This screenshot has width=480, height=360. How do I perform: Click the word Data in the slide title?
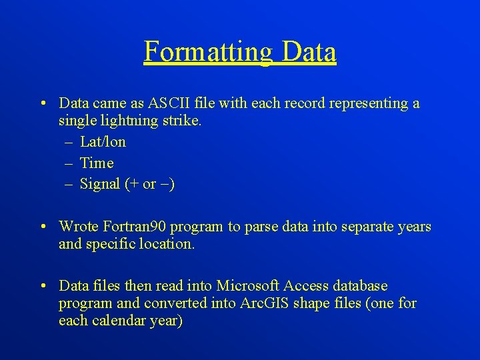click(x=309, y=52)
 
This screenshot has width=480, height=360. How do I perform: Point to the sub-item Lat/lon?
click(x=103, y=142)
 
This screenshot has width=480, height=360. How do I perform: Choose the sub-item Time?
click(x=97, y=163)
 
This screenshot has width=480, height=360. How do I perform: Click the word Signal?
click(x=100, y=184)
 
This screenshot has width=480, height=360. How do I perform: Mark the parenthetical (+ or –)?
click(x=150, y=184)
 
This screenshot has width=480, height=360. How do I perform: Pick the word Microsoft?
click(x=247, y=286)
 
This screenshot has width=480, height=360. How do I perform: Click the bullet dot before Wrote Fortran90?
click(x=43, y=227)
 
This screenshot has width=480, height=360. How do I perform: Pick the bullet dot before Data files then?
click(x=43, y=286)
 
